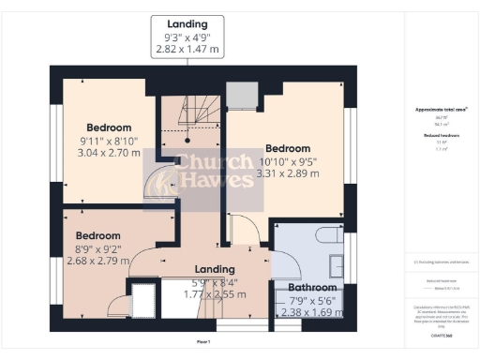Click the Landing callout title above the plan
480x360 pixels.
[187, 22]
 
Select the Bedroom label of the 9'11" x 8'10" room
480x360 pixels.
[110, 127]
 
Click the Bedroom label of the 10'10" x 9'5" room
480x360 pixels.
[287, 148]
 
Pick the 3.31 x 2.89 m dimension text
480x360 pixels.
[287, 174]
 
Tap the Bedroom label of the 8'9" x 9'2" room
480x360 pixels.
[98, 235]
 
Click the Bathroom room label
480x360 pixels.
[311, 288]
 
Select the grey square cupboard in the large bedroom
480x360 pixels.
[244, 95]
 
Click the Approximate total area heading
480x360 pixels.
[441, 110]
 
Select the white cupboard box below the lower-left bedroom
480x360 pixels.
[143, 302]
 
